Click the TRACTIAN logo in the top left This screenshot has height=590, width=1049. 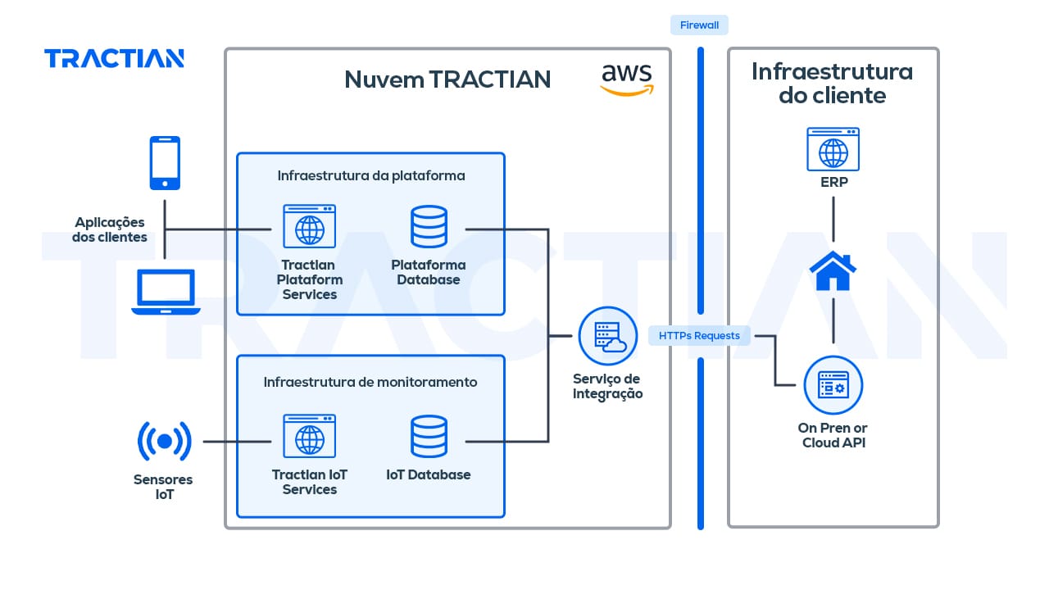[114, 58]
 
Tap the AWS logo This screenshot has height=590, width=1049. [627, 79]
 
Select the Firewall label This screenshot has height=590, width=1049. [699, 25]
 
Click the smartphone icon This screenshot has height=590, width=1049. [165, 162]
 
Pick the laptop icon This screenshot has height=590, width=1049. [166, 293]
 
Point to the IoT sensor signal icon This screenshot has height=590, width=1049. [165, 442]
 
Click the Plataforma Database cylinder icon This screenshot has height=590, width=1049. [429, 227]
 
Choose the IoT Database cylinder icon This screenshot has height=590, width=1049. [429, 437]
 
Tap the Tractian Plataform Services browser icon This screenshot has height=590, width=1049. [309, 226]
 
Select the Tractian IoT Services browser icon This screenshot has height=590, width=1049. [309, 436]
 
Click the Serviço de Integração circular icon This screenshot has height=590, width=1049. [607, 336]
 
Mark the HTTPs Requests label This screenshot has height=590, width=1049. [699, 335]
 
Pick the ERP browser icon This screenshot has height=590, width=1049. [833, 148]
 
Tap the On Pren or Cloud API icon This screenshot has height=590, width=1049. [833, 384]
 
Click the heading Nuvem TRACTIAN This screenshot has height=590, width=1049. [447, 79]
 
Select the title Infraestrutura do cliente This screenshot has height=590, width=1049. [832, 84]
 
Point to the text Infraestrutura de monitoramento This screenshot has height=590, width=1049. [370, 382]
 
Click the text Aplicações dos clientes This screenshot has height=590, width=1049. [110, 229]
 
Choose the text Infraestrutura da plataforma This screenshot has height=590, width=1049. [371, 175]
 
